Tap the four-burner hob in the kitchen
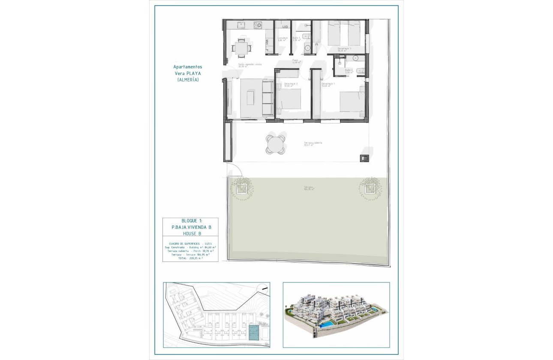coord(258,25)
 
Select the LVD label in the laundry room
coord(285,27)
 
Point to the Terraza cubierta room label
coord(313,143)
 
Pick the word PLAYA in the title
coord(192,73)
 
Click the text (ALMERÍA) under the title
coord(187,80)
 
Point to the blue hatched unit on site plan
coord(253,332)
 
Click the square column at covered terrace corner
coord(364,158)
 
